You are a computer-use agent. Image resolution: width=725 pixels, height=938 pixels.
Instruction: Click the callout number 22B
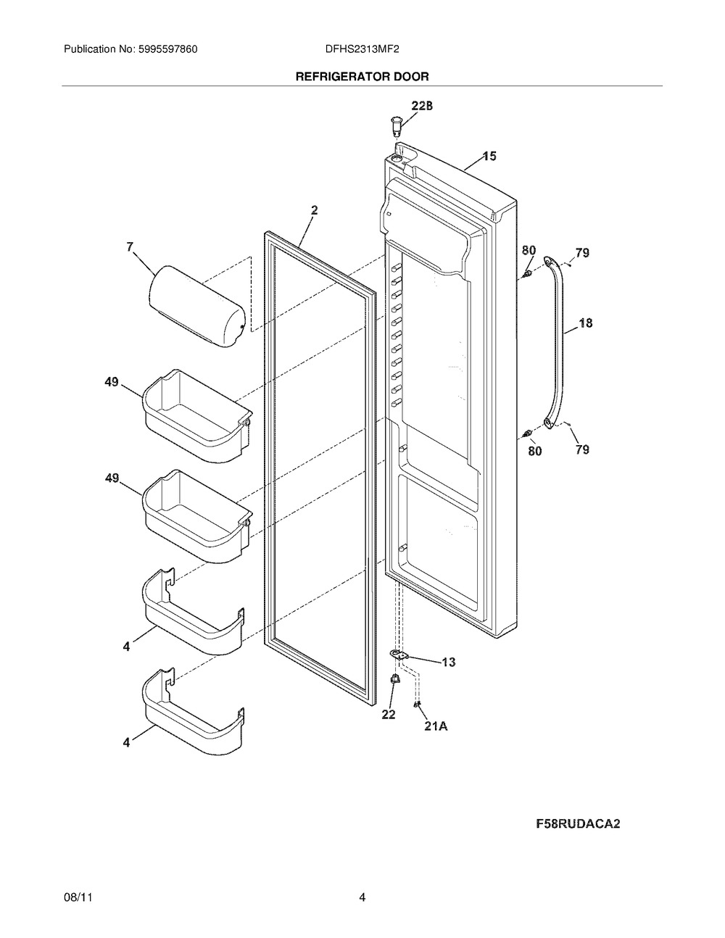tap(422, 106)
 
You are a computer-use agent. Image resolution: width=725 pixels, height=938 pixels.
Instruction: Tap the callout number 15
tap(489, 156)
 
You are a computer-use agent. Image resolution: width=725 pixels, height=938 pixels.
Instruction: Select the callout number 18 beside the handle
tap(585, 323)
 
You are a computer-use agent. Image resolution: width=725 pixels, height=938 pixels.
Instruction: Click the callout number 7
tap(130, 247)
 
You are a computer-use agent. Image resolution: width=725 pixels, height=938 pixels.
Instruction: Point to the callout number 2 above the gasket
tap(314, 210)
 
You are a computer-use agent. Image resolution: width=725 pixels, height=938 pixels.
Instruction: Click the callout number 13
tap(448, 662)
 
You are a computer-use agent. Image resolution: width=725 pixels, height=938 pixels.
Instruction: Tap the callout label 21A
tap(435, 725)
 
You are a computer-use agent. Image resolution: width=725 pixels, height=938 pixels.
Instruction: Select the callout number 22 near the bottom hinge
tap(389, 714)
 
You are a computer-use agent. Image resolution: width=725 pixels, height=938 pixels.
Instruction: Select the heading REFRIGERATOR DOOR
tap(362, 76)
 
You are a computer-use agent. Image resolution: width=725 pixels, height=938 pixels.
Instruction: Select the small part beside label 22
tap(395, 679)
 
